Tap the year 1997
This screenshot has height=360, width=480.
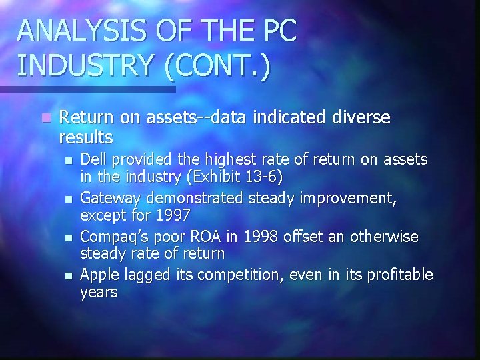point(173,216)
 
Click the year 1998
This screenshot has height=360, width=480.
point(258,237)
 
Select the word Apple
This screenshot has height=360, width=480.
point(98,275)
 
